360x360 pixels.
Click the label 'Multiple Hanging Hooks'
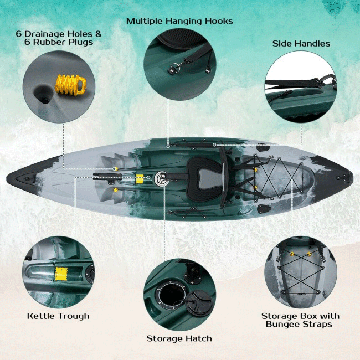[179, 21]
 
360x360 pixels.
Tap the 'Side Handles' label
[301, 43]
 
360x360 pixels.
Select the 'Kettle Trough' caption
[58, 316]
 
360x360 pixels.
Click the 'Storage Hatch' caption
[179, 338]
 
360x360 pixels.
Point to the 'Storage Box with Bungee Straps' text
[300, 320]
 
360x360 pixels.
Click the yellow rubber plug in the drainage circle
[70, 85]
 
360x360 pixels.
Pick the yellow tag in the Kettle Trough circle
[61, 273]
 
